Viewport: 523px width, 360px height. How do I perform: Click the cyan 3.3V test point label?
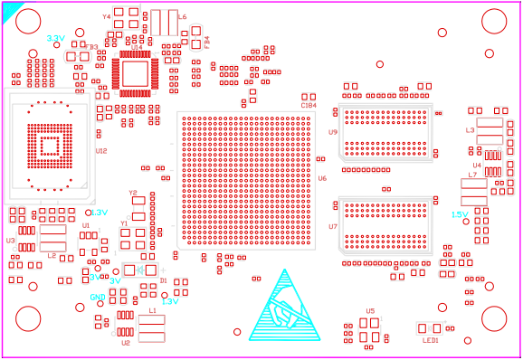(55, 38)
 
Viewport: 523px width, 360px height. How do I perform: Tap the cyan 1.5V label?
(460, 214)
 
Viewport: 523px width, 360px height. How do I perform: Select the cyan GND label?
(97, 297)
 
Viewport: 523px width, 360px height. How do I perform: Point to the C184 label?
(309, 106)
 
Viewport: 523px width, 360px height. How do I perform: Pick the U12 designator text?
(101, 150)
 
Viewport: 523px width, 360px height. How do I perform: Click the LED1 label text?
(430, 340)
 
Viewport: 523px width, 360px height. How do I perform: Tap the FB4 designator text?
(206, 42)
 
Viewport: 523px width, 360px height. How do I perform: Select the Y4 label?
(106, 16)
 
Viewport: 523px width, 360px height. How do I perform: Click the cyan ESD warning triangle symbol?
(285, 308)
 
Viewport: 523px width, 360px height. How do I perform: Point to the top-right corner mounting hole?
(494, 21)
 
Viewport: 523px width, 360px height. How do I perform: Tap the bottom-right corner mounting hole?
(494, 318)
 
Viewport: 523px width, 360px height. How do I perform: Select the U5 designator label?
(370, 311)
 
